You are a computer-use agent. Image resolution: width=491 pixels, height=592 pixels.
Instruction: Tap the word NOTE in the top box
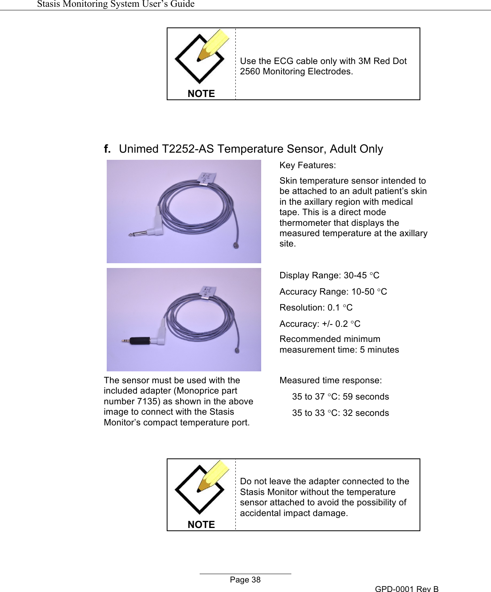click(201, 94)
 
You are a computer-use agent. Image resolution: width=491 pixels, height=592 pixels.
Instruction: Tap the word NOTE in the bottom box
click(201, 525)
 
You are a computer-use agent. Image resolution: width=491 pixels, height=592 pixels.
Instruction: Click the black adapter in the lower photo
click(140, 340)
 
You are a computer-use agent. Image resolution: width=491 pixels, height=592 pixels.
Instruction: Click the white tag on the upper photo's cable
click(207, 177)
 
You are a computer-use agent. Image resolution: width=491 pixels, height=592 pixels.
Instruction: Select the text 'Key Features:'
click(308, 165)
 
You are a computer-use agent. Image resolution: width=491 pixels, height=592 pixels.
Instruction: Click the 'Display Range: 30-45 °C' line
click(329, 276)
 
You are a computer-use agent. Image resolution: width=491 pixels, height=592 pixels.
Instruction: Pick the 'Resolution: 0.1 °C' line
click(316, 308)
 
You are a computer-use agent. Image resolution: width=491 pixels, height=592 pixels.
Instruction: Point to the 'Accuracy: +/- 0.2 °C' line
click(320, 324)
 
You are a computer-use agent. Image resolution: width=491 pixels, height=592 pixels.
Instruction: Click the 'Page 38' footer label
click(245, 580)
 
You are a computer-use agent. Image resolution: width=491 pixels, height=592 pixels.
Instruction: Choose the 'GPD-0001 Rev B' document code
click(407, 589)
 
